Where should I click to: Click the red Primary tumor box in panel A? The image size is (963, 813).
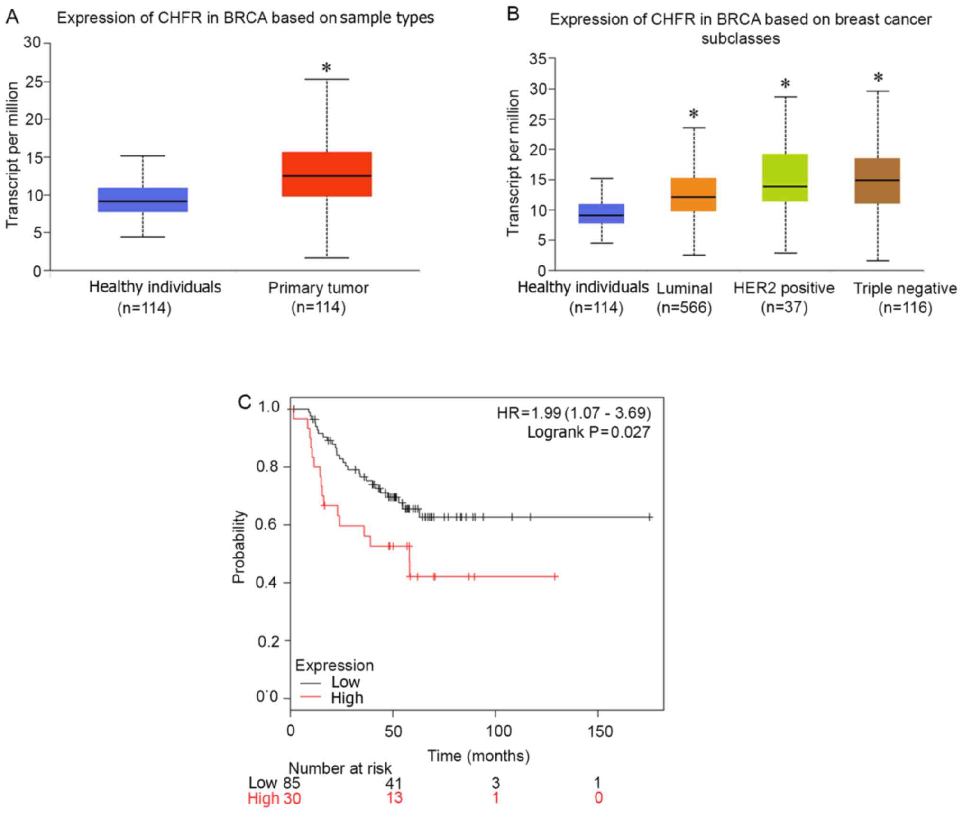point(326,174)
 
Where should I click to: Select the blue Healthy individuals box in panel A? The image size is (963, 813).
point(142,200)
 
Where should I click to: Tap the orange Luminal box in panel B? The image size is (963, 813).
point(693,194)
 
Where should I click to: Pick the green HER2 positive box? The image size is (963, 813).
point(785,178)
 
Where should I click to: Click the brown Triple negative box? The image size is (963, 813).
point(877,181)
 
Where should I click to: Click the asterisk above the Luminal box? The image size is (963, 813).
point(694,114)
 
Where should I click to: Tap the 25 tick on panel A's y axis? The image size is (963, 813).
point(33,82)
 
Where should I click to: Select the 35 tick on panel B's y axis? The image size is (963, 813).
point(538,59)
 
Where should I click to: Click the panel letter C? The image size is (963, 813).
point(245,402)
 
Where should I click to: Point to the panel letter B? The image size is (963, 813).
point(513,14)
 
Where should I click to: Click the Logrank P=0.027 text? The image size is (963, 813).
point(588,432)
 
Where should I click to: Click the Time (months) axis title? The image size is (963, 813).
point(478,756)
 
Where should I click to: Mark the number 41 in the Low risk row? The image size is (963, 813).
point(394,783)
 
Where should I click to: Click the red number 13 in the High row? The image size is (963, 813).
point(394,798)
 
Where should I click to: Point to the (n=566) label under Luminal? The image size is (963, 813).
point(684,308)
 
